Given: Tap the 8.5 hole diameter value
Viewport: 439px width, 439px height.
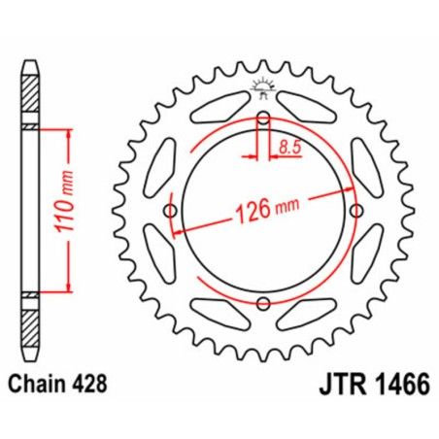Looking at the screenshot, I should point(287,146).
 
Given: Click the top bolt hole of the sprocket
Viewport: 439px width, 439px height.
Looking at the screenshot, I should point(263,120).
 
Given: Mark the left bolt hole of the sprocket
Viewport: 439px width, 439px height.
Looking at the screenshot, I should point(172,212).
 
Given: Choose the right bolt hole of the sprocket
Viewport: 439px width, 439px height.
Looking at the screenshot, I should point(355,212).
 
